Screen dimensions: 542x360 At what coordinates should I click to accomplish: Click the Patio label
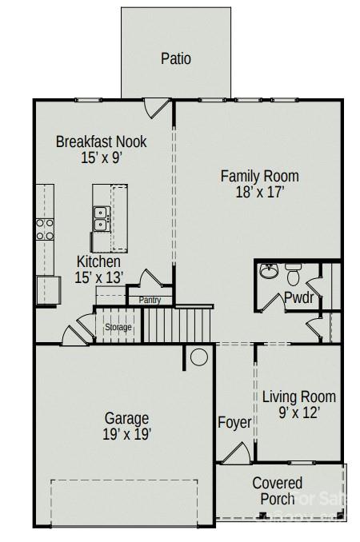[x=176, y=58]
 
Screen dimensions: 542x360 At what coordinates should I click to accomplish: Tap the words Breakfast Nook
[x=101, y=141]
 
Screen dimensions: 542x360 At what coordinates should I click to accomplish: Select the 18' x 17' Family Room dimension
[x=259, y=193]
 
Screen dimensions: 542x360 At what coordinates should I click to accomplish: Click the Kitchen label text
[x=98, y=261]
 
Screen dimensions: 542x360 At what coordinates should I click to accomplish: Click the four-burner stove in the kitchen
[x=44, y=229]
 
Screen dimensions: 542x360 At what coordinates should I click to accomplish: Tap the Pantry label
[x=150, y=301]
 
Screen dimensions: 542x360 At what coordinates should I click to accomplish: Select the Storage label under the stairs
[x=118, y=328]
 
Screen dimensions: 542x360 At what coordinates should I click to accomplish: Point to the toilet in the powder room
[x=293, y=277]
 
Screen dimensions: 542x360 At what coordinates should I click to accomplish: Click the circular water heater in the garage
[x=198, y=357]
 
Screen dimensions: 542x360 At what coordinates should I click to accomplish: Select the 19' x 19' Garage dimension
[x=127, y=434]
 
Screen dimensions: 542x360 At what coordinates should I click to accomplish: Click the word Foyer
[x=234, y=422]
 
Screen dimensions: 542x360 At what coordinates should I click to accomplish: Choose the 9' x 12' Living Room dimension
[x=298, y=413]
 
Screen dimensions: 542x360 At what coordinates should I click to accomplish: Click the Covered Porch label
[x=277, y=491]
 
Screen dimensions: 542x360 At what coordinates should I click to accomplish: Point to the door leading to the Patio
[x=162, y=107]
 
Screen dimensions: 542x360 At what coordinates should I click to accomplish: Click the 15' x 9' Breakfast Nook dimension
[x=101, y=158]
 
